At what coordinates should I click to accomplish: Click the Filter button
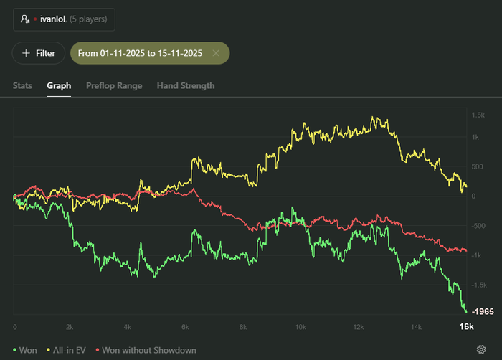(x=39, y=53)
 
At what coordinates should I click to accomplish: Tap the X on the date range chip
(x=216, y=53)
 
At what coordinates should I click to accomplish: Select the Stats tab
(x=22, y=86)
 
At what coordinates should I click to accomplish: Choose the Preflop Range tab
(x=114, y=86)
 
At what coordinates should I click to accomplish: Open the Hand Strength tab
(x=186, y=86)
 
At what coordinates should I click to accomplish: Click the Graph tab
(x=59, y=86)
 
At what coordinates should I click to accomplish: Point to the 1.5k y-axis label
(x=478, y=115)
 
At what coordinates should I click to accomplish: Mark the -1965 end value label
(x=483, y=312)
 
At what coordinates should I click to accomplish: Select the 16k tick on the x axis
(x=466, y=327)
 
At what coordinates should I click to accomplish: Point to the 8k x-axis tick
(x=243, y=327)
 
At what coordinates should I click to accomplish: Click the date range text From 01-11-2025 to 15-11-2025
(x=140, y=53)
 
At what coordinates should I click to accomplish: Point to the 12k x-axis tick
(x=358, y=327)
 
